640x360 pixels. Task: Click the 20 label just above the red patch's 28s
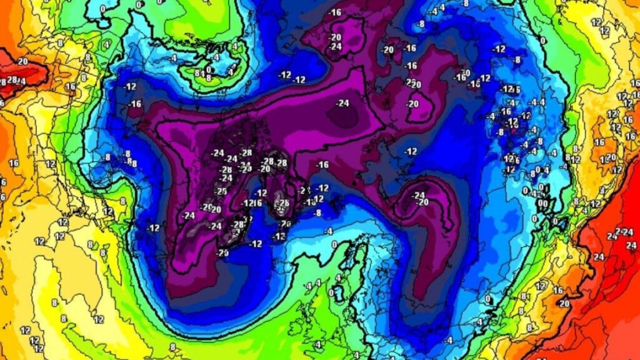[23, 61]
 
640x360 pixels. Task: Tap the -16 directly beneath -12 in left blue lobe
[135, 104]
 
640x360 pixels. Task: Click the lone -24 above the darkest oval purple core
[342, 103]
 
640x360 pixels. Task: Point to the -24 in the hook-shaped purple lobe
[418, 195]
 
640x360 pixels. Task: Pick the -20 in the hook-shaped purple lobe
[423, 202]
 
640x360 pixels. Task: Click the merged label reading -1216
[251, 203]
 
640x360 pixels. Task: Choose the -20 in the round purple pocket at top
[336, 37]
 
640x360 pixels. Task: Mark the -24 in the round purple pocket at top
[336, 46]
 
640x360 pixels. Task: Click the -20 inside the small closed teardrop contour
[413, 104]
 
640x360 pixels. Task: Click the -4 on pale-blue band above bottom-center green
[449, 340]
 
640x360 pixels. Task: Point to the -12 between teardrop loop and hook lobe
[411, 151]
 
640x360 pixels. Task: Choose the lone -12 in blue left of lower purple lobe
[153, 228]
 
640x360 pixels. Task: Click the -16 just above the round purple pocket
[336, 12]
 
